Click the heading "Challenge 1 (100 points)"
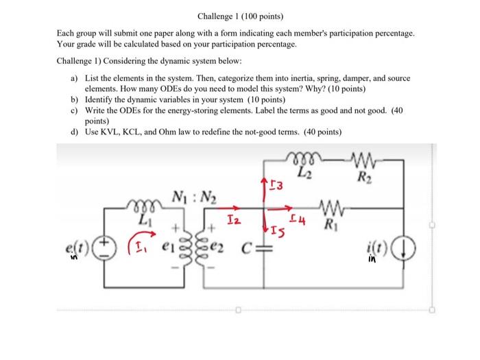pyautogui.click(x=240, y=16)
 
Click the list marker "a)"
pyautogui.click(x=75, y=79)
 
